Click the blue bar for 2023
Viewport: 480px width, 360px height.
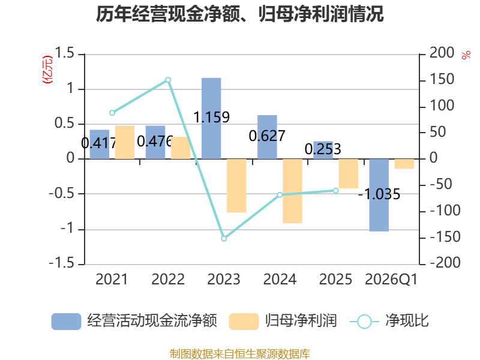211,118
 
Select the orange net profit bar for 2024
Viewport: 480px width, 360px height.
292,191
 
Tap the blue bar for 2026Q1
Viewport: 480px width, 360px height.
379,195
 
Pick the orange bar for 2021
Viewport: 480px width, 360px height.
125,142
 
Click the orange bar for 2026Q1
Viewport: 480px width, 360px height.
404,164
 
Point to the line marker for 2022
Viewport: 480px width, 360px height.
168,80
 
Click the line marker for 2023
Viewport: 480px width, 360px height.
224,238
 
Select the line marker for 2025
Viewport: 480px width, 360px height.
335,191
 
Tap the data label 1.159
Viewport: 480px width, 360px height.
212,117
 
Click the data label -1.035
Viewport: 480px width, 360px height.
379,194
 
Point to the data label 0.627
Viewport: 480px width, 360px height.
267,136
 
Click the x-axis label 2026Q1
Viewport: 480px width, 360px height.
391,279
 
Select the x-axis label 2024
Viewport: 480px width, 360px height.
280,279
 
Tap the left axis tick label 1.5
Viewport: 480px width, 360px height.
64,53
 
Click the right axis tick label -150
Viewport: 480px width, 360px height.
445,237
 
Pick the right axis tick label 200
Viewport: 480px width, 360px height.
442,53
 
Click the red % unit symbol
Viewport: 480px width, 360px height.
466,55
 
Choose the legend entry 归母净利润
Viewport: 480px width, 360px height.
301,321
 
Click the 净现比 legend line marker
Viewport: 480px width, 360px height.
364,322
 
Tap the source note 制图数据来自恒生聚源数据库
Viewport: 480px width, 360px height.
240,354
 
